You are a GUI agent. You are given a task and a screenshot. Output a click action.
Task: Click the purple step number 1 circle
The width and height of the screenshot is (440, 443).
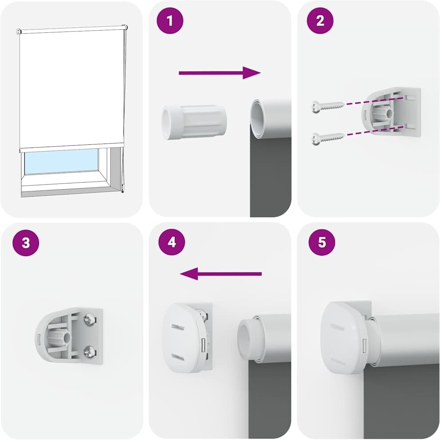[x=170, y=21]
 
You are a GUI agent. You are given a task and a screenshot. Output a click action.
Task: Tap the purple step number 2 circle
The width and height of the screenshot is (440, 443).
[x=320, y=21]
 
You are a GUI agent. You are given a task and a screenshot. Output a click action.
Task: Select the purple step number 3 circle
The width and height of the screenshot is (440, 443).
[x=26, y=243]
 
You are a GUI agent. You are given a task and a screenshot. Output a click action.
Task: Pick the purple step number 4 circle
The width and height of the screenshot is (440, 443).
[x=172, y=242]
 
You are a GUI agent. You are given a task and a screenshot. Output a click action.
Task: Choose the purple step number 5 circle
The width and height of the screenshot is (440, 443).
[x=322, y=242]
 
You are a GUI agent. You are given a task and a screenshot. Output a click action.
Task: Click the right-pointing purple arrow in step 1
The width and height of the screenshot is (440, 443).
[x=220, y=73]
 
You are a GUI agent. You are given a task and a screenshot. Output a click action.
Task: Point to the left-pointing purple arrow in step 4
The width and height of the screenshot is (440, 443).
[x=221, y=274]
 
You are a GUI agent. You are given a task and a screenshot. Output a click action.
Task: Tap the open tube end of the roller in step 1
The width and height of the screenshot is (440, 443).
[x=258, y=119]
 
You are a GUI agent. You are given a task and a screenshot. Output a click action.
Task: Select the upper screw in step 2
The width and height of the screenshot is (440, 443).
[x=328, y=106]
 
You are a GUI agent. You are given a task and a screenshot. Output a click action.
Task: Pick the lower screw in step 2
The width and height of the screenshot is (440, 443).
[x=328, y=138]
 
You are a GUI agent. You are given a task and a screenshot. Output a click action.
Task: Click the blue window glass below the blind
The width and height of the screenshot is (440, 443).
[x=61, y=161]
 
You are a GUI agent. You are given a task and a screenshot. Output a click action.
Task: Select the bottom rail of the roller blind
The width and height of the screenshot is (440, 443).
[x=72, y=148]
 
